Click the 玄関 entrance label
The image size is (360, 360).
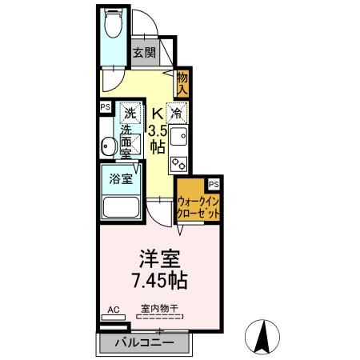coord(145,54)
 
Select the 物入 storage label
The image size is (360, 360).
coord(183,82)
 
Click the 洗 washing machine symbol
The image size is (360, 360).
coord(129,113)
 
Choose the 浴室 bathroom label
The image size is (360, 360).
coord(121,179)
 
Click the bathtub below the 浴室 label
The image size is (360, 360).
coord(120,210)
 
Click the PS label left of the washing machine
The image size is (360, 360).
coord(105,106)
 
